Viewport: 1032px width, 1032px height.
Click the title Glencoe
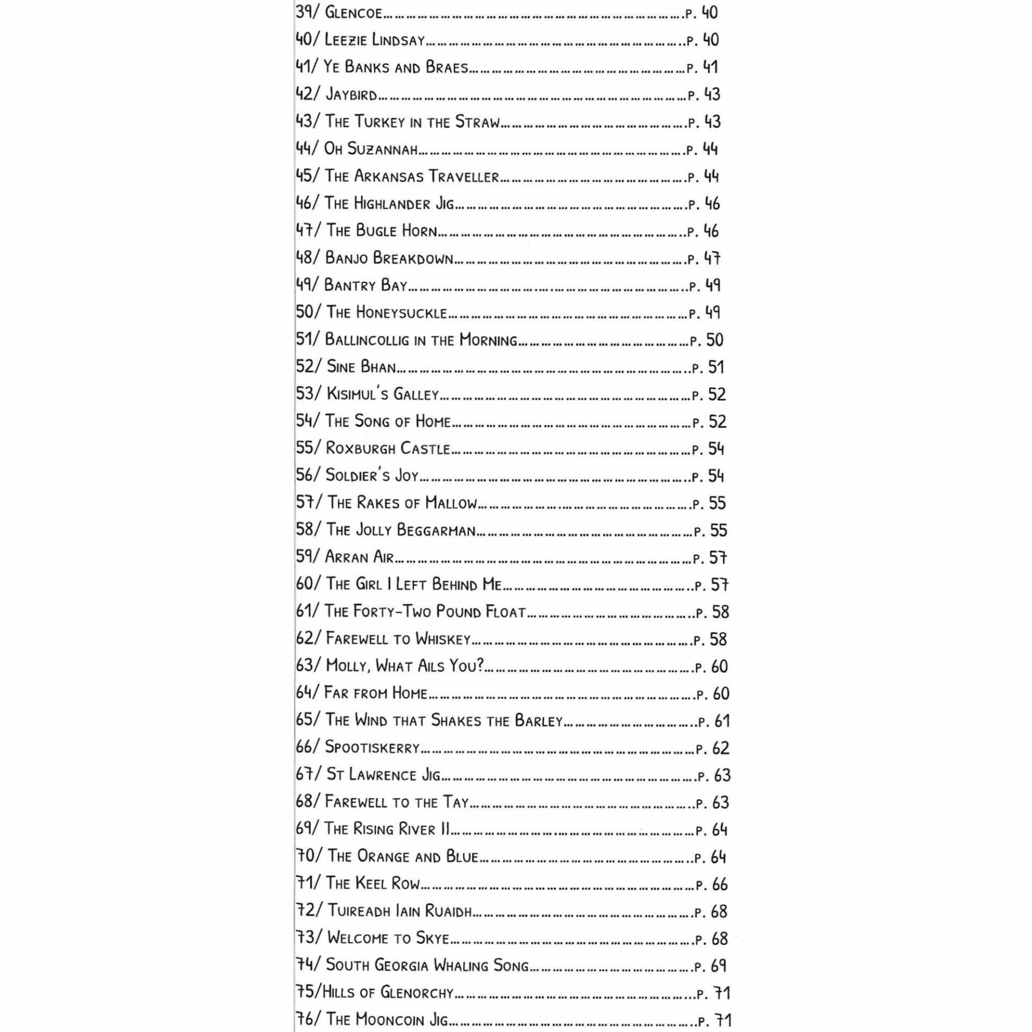(x=353, y=13)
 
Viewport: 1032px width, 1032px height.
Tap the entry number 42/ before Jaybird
(x=307, y=94)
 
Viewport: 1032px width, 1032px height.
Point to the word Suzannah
(x=382, y=149)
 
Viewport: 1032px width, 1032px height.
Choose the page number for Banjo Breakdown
(x=712, y=259)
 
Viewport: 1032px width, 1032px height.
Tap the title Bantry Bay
(x=365, y=285)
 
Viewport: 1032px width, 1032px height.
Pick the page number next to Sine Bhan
(x=716, y=367)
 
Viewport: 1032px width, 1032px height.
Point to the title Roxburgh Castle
(x=388, y=448)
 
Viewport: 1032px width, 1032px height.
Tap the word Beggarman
(x=436, y=531)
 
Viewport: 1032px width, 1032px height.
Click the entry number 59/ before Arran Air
(x=308, y=557)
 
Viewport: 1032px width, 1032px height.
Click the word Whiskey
(x=443, y=639)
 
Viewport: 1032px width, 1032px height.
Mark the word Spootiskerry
(x=372, y=748)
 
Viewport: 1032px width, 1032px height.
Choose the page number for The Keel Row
(x=720, y=884)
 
